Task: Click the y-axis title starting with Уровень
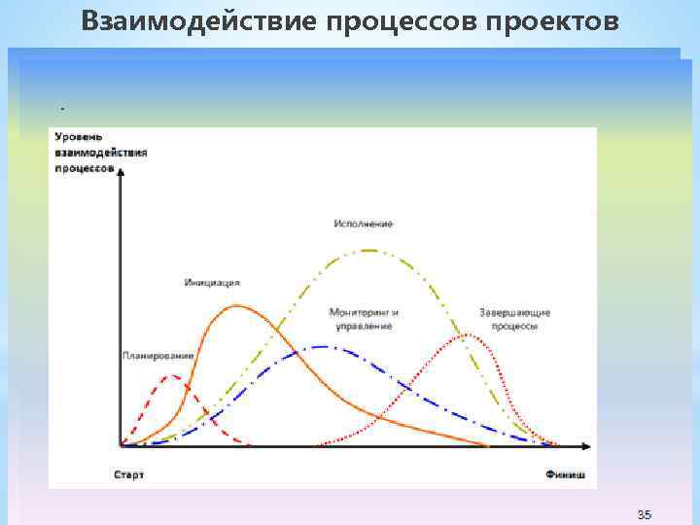tap(101, 153)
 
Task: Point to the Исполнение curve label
tap(363, 224)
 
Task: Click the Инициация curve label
tap(211, 283)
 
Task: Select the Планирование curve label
tap(157, 356)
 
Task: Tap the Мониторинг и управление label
tap(364, 319)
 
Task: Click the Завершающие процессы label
tap(514, 319)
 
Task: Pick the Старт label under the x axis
tap(128, 475)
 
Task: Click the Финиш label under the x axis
tap(565, 475)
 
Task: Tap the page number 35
tap(645, 513)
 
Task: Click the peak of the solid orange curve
tap(237, 306)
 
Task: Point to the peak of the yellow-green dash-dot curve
tap(368, 250)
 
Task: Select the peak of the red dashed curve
tap(173, 375)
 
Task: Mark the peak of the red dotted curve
tap(469, 334)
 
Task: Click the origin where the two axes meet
tap(121, 447)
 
